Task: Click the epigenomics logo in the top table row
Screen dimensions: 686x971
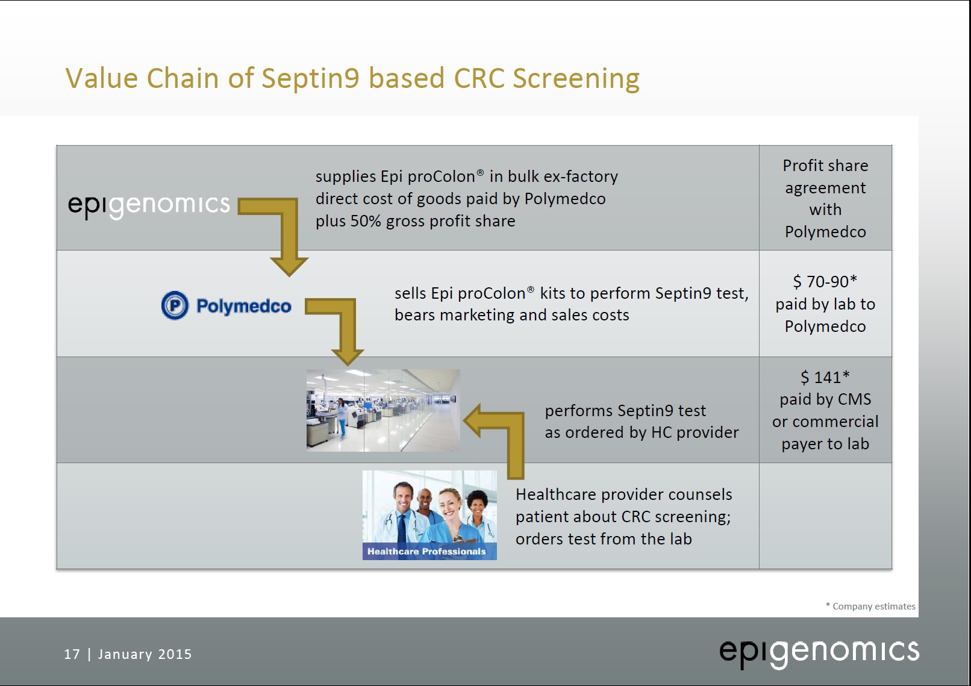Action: coord(149,205)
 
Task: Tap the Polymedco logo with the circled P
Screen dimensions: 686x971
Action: coord(226,305)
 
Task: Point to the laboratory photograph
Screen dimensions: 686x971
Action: coord(383,410)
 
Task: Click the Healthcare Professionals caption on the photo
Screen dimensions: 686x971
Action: coord(426,551)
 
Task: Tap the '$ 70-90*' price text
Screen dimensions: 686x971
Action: coord(825,282)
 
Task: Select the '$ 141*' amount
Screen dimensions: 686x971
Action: coord(825,378)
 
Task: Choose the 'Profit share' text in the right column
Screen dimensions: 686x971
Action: coord(825,166)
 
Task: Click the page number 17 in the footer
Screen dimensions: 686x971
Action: coord(72,654)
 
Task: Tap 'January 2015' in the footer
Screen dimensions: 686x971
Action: coord(145,654)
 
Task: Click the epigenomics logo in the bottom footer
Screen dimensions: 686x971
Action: coord(819,652)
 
